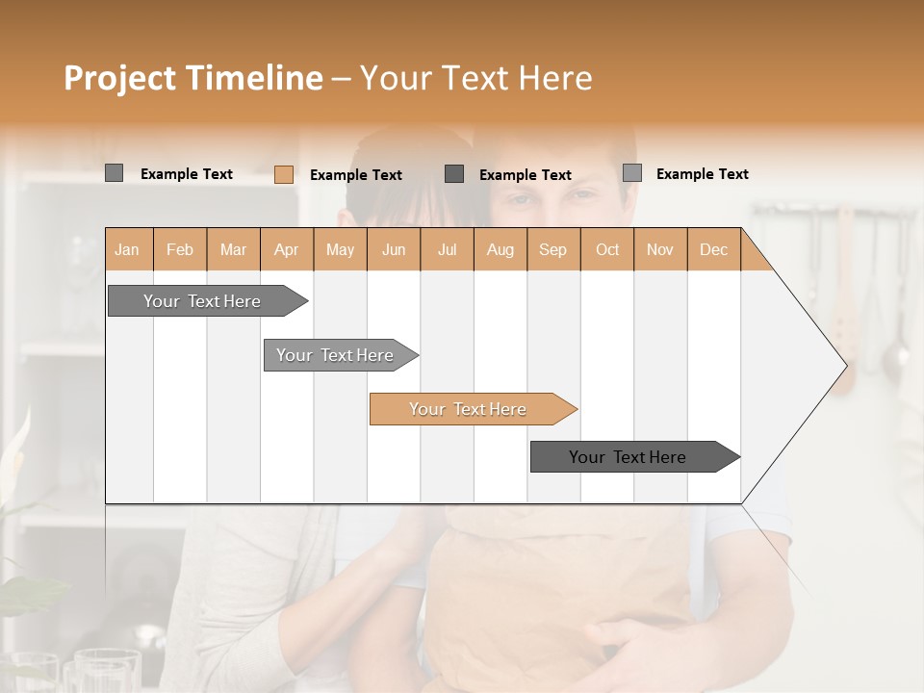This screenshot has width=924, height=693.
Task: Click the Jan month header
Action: (x=127, y=250)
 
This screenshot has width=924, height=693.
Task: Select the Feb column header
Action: (x=180, y=250)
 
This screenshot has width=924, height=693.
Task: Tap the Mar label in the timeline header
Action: (x=233, y=250)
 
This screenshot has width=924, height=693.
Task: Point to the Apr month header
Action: (x=287, y=250)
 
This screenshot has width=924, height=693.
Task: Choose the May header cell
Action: (x=340, y=250)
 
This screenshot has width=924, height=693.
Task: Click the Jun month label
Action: (x=394, y=250)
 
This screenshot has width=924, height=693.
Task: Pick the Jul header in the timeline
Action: (x=447, y=250)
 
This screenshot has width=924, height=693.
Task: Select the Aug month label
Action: (x=500, y=250)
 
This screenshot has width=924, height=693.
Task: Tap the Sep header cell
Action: (x=553, y=250)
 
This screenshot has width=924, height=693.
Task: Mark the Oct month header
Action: (x=607, y=250)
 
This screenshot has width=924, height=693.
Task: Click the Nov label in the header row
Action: (x=660, y=250)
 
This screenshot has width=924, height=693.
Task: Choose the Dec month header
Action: (x=713, y=250)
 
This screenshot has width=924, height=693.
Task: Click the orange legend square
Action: (x=284, y=174)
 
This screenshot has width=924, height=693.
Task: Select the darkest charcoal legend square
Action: (x=454, y=173)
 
